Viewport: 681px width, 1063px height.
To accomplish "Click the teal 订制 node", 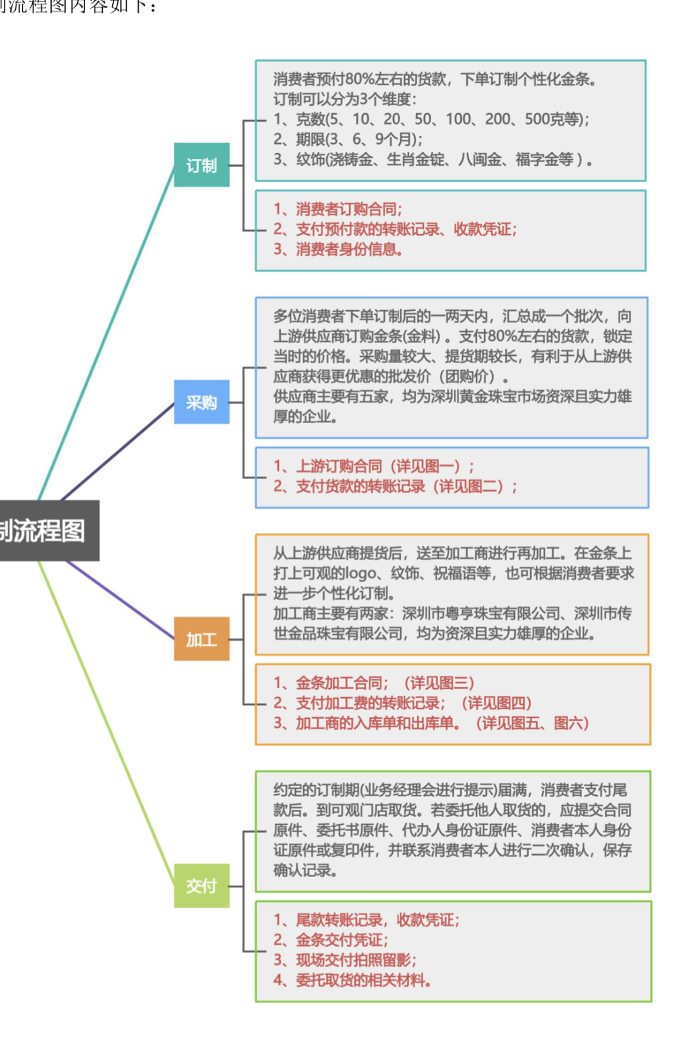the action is (202, 165).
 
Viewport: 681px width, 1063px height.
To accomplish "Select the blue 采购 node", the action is (202, 402).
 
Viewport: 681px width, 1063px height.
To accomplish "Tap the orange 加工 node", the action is (202, 639).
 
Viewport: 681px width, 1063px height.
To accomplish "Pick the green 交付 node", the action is (202, 885).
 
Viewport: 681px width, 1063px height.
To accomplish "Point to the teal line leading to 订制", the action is (107, 333).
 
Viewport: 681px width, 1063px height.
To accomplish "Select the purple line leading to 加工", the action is (120, 600).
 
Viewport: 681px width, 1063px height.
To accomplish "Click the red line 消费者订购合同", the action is (338, 209).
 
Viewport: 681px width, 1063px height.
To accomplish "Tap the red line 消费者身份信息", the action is (339, 249).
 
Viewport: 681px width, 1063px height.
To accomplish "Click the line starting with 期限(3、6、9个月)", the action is (348, 139).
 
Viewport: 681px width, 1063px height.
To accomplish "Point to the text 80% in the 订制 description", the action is (359, 79).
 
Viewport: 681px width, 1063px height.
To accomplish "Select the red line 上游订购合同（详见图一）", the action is (373, 466).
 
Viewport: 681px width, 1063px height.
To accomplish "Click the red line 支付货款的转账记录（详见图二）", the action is (395, 486).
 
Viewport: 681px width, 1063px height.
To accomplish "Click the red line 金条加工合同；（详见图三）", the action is (374, 683).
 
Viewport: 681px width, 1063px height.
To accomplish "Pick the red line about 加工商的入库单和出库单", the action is (431, 723).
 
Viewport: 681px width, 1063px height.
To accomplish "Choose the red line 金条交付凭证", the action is (331, 939).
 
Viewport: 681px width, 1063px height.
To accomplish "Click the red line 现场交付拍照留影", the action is (345, 960).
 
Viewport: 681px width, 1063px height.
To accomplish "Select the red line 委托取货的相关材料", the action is (352, 980).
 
